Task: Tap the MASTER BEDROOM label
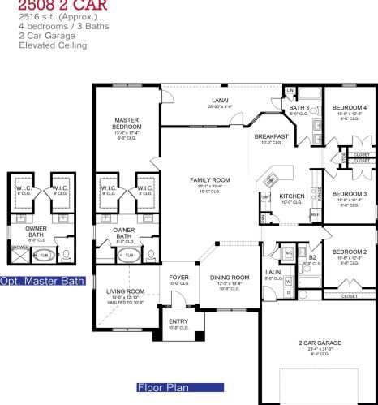point(128,123)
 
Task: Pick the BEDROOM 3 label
point(350,194)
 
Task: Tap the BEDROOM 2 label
point(350,252)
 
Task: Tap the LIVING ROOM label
point(125,291)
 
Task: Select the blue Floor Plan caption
point(163,387)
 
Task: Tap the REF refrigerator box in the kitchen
point(315,214)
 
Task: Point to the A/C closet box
point(287,251)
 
